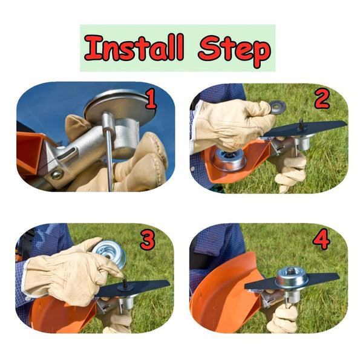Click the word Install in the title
134,48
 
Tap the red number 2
321,99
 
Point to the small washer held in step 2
278,107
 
